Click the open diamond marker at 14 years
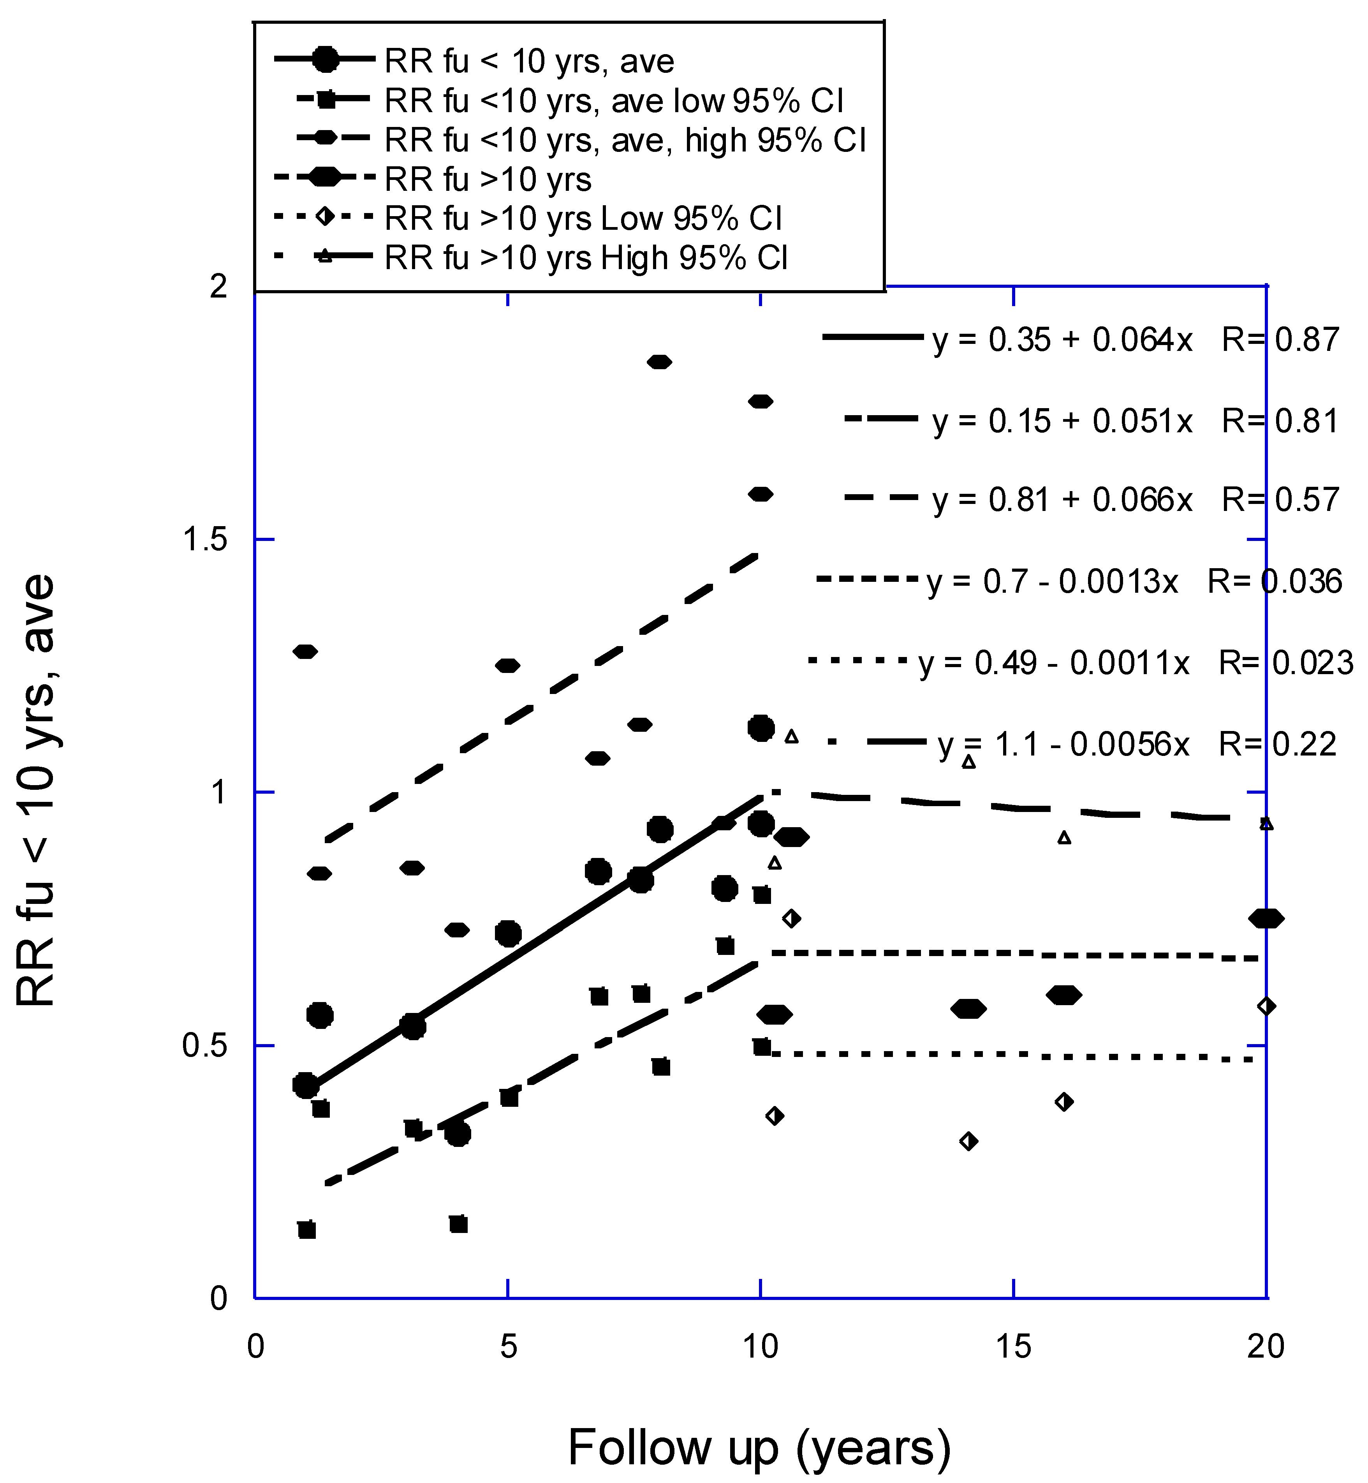pyautogui.click(x=968, y=1141)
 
